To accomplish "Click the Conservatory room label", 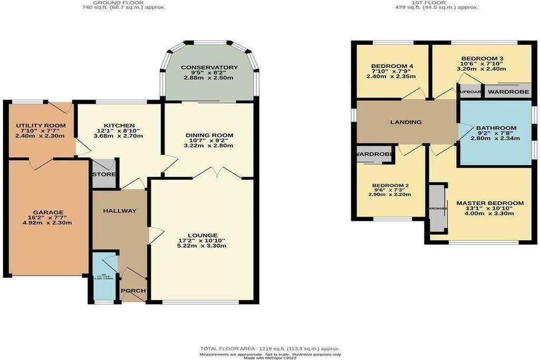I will point(209,68).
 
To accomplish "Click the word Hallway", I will point(119,211).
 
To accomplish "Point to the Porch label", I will point(133,291).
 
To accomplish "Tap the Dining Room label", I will point(209,135).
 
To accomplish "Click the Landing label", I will point(406,122).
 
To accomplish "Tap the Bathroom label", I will point(496,128).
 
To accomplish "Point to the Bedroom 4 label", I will point(392,66).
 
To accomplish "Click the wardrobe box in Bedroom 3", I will point(508,92).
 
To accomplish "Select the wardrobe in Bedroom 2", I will point(374,154).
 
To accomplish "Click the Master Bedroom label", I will point(490,203).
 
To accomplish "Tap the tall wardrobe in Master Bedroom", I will point(437,208).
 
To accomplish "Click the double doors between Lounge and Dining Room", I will point(218,173).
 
